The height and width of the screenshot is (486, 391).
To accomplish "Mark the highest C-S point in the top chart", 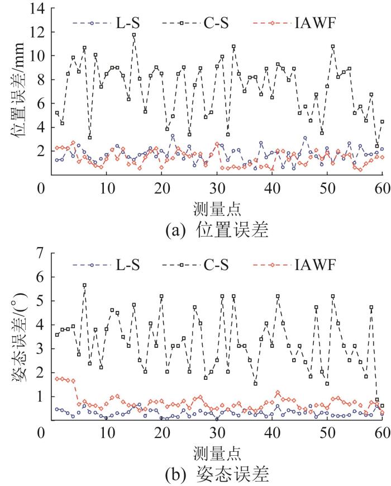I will pos(134,35).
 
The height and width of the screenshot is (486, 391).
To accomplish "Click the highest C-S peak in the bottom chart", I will pos(84,285).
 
